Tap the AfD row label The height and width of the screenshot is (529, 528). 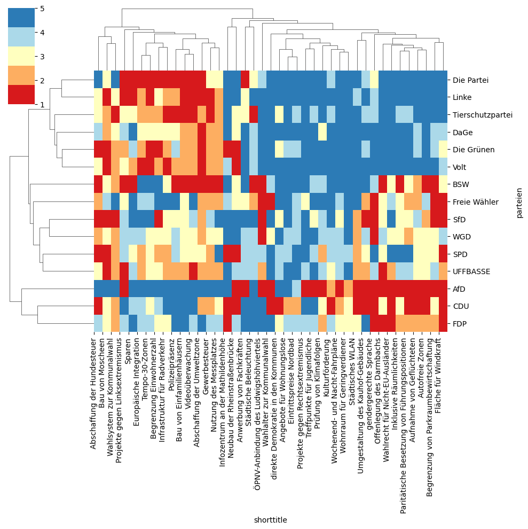[x=459, y=289]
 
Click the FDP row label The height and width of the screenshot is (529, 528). [x=459, y=324]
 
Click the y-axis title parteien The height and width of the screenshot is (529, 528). [x=519, y=202]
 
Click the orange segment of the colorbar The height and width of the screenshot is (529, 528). [x=21, y=75]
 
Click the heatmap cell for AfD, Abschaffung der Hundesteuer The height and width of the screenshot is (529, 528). [x=98, y=289]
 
